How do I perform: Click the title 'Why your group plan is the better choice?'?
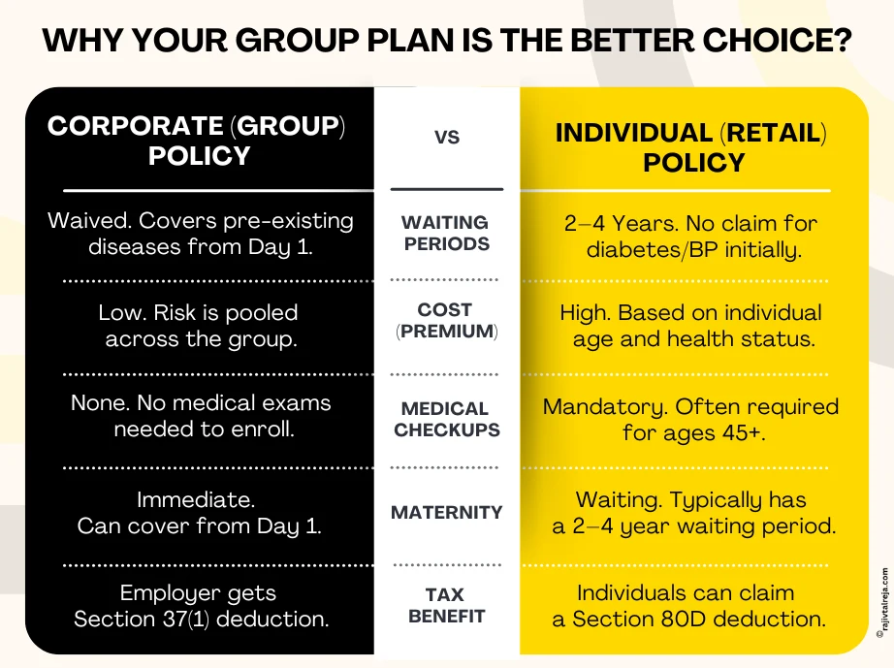tap(447, 41)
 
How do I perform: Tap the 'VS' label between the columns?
tap(446, 138)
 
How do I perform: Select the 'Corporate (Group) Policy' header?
tap(198, 141)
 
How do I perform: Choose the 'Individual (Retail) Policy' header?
tap(692, 147)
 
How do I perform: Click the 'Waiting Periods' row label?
tap(446, 234)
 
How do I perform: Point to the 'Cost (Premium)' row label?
tap(446, 321)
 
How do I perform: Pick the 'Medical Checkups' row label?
tap(446, 419)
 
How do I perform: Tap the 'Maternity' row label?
tap(446, 512)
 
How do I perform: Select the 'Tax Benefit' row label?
tap(446, 605)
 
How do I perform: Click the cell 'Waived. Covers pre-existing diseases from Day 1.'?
tap(200, 234)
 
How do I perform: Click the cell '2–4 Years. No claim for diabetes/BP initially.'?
tap(692, 237)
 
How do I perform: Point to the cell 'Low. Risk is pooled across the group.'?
tap(200, 326)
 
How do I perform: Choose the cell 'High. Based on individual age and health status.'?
tap(692, 326)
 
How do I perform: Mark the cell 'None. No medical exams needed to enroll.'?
tap(200, 415)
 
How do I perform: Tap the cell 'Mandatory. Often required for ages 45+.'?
tap(692, 419)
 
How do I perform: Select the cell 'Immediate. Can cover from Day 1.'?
tap(198, 514)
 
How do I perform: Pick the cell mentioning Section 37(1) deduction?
tap(200, 606)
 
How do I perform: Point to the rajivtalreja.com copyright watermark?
tap(881, 601)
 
